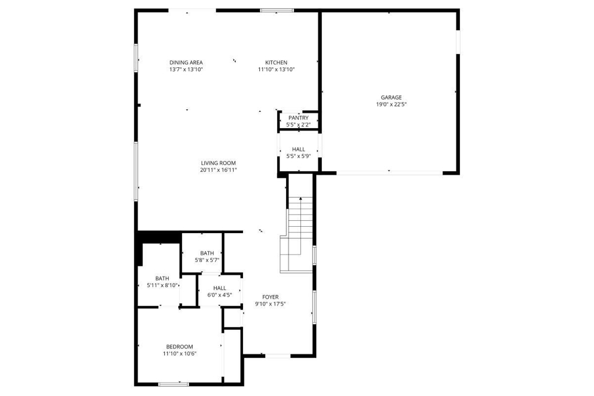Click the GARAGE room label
392,97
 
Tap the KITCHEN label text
276,63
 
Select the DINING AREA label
186,63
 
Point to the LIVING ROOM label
218,163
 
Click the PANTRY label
299,118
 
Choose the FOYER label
270,297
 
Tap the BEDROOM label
180,347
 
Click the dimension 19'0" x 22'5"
392,104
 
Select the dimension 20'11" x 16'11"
219,170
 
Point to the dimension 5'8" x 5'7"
207,260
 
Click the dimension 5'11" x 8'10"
162,285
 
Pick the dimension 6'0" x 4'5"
220,295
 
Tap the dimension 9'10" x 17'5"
270,304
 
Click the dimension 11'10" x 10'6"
180,354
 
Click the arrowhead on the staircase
300,198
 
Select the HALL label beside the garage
299,149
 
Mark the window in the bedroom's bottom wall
173,384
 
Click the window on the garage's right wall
458,42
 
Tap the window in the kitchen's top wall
277,10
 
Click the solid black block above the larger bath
158,238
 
